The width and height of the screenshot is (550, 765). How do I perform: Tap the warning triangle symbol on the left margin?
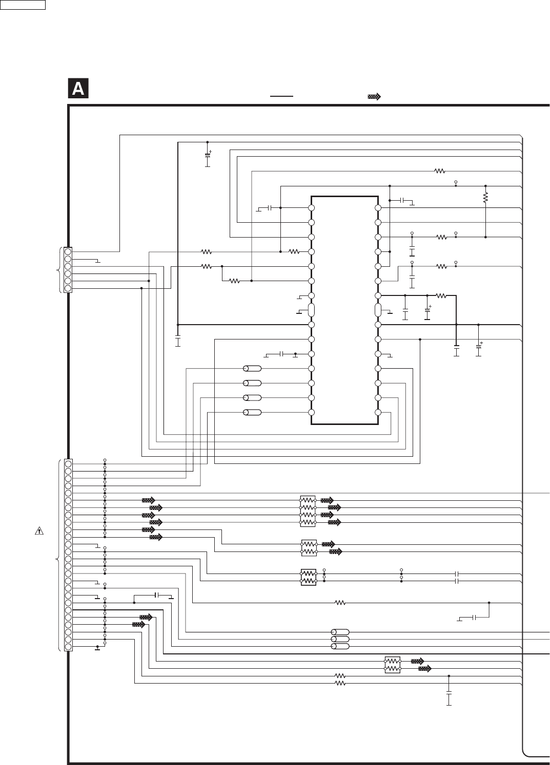pos(39,530)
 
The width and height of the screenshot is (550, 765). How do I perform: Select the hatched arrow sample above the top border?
pos(374,96)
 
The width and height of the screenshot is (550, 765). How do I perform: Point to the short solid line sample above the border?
pos(281,96)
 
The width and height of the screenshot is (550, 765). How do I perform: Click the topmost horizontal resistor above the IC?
pos(440,171)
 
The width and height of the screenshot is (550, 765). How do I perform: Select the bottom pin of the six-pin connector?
pos(68,288)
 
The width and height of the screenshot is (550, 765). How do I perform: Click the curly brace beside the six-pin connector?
pos(60,270)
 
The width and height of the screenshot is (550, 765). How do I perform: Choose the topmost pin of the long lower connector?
pos(68,464)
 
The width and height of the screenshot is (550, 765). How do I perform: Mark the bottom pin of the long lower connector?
pos(68,647)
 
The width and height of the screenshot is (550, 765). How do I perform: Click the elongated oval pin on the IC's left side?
pos(311,310)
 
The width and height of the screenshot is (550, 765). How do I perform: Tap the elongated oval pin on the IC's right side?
pos(378,310)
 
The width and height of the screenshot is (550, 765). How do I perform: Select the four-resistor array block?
pos(308,511)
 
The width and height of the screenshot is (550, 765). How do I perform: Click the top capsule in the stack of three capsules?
pos(340,632)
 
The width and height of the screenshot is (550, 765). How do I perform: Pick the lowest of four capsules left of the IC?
pos(252,413)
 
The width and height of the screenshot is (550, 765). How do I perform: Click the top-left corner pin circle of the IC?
pos(311,208)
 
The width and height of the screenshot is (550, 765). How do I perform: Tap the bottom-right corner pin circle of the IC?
pos(378,413)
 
